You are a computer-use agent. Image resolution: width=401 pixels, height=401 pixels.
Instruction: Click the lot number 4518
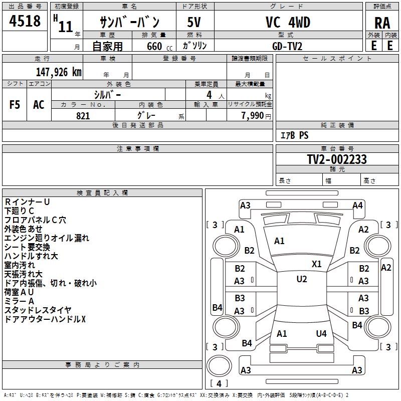(x=25, y=22)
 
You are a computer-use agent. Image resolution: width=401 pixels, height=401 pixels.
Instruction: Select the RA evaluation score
(x=382, y=23)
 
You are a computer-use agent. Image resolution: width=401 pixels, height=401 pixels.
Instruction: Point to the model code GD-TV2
(x=287, y=46)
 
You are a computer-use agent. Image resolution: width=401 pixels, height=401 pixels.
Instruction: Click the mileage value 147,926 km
(x=59, y=72)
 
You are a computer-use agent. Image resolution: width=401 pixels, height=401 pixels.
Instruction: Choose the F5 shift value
(x=15, y=105)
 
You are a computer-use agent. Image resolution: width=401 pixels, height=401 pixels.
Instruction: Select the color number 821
(x=83, y=116)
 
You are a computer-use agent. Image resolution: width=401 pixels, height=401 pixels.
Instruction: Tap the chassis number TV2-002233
(x=337, y=160)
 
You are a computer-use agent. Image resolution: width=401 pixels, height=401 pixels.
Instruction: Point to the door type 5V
(x=194, y=23)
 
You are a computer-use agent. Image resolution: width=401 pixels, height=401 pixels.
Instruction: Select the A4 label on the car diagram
(x=357, y=205)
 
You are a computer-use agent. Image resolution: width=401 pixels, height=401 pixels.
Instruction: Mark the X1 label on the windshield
(x=317, y=264)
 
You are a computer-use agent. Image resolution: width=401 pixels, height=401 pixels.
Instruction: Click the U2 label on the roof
(x=301, y=279)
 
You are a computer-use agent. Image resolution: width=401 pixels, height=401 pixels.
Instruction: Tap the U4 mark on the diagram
(x=321, y=333)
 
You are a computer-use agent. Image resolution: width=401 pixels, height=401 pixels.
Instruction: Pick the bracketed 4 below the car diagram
(x=219, y=383)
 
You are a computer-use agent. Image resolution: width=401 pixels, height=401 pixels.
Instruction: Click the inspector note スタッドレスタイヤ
(x=38, y=310)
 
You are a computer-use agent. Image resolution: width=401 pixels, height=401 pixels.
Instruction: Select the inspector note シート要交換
(x=27, y=247)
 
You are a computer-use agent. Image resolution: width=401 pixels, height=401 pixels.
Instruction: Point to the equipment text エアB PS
(x=294, y=135)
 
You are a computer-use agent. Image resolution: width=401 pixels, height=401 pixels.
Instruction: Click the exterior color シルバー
(x=107, y=94)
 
